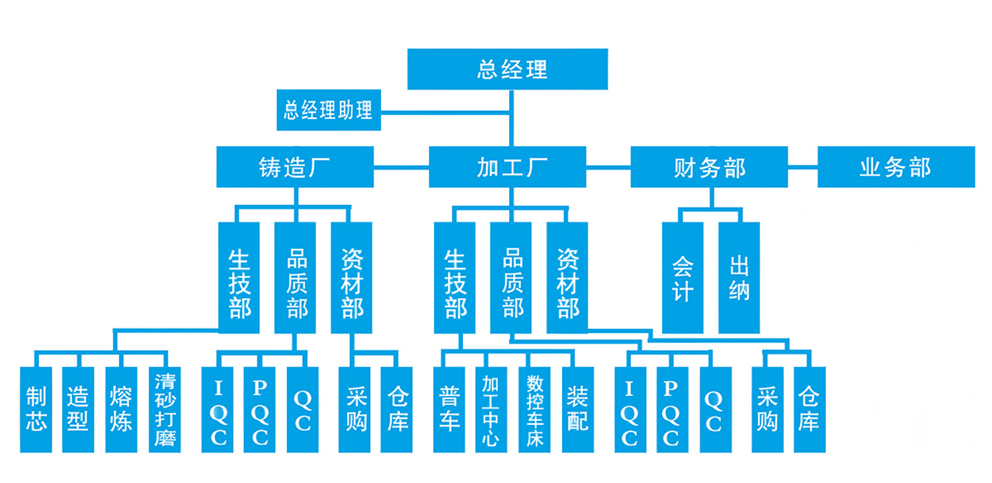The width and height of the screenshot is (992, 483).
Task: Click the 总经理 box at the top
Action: pos(507,69)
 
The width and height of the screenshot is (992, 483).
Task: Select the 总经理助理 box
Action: pos(329,110)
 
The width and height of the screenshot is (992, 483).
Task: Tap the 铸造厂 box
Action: pos(295,167)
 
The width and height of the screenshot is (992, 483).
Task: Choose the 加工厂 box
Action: pos(507,167)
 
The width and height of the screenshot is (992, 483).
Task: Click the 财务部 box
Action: pos(709,167)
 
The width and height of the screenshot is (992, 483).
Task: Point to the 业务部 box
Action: pos(896,167)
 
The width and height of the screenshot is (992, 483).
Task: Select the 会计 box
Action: pos(682,278)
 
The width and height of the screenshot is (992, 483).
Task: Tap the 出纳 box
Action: pos(739,278)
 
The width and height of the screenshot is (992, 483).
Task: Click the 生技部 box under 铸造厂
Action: pos(239,278)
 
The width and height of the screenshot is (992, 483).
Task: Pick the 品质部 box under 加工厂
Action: pos(511,278)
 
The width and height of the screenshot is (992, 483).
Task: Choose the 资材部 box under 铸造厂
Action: pos(351,278)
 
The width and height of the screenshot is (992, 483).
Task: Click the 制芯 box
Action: pos(36,410)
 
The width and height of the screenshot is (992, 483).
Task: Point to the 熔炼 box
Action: pos(121,410)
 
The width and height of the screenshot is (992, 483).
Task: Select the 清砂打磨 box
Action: pos(165,410)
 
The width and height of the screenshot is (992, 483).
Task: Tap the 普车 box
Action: pos(449,410)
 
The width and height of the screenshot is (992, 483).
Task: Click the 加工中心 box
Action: pos(491,410)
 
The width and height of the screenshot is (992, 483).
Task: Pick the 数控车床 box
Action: pos(534,410)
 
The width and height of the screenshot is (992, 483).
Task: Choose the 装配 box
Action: pos(577,410)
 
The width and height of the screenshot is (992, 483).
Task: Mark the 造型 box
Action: pos(78,410)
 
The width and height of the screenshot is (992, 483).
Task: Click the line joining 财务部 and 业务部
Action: pos(802,167)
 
